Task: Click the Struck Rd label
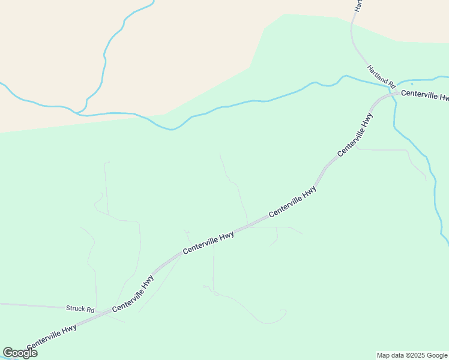[x=80, y=310]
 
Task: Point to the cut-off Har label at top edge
[x=358, y=5]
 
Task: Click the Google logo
[x=20, y=353]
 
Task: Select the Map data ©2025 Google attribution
[x=412, y=355]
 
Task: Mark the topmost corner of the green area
[x=284, y=14]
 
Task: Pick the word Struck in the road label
[x=76, y=310]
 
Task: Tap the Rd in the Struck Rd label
[x=90, y=310]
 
